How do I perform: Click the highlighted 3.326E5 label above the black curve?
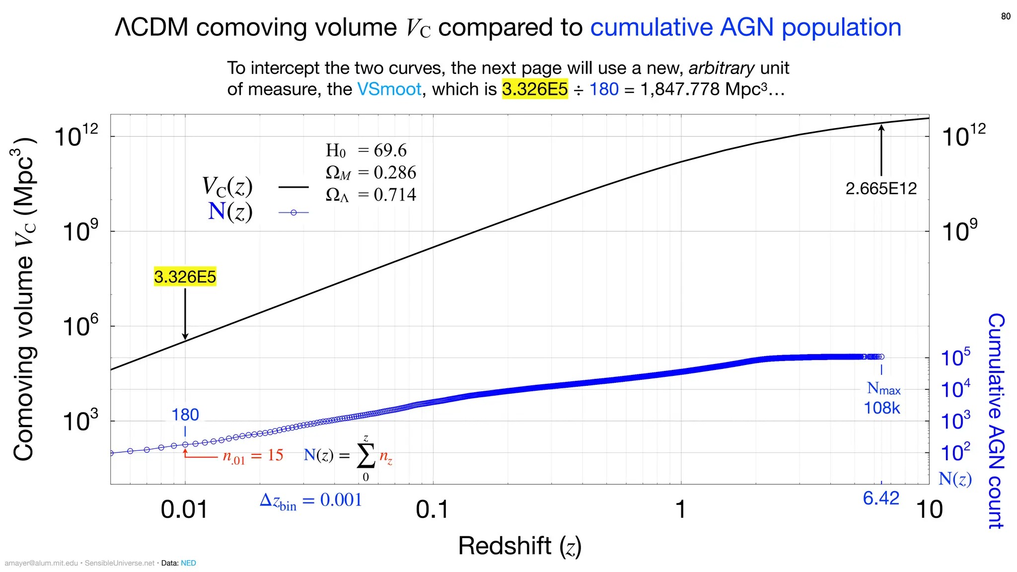[185, 277]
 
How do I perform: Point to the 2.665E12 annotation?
[881, 189]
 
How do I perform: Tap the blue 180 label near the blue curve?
[185, 415]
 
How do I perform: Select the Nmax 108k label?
[882, 398]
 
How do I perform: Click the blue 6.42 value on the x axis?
[881, 498]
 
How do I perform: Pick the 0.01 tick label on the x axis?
[184, 510]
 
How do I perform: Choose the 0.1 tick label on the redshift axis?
[432, 510]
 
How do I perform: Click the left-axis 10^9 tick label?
[79, 231]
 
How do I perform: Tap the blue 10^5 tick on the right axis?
[955, 357]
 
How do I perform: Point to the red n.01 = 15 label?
[253, 456]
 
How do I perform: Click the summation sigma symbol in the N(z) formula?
[366, 456]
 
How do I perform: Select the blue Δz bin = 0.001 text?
[311, 500]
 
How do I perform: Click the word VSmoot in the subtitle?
[389, 89]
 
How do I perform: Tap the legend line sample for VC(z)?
[293, 187]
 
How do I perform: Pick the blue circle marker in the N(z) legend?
[293, 213]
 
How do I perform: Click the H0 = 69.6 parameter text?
[366, 150]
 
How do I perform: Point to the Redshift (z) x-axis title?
[519, 546]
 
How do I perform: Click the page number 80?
[1006, 16]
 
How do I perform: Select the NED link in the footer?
[188, 563]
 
